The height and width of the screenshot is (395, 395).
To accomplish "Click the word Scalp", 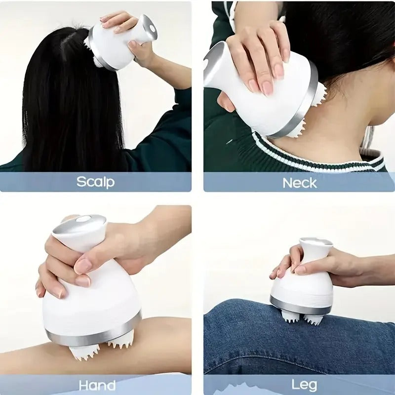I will (95, 182).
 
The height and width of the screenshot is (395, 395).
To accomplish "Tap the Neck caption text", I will (299, 183).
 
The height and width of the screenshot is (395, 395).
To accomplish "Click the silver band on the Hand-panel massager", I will (94, 336).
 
